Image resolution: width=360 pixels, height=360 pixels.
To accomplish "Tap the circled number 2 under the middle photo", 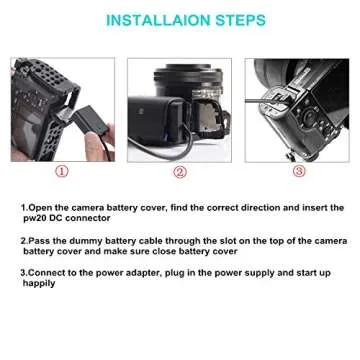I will [x=180, y=171].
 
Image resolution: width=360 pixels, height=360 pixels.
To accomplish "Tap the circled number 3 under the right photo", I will [x=298, y=171].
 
